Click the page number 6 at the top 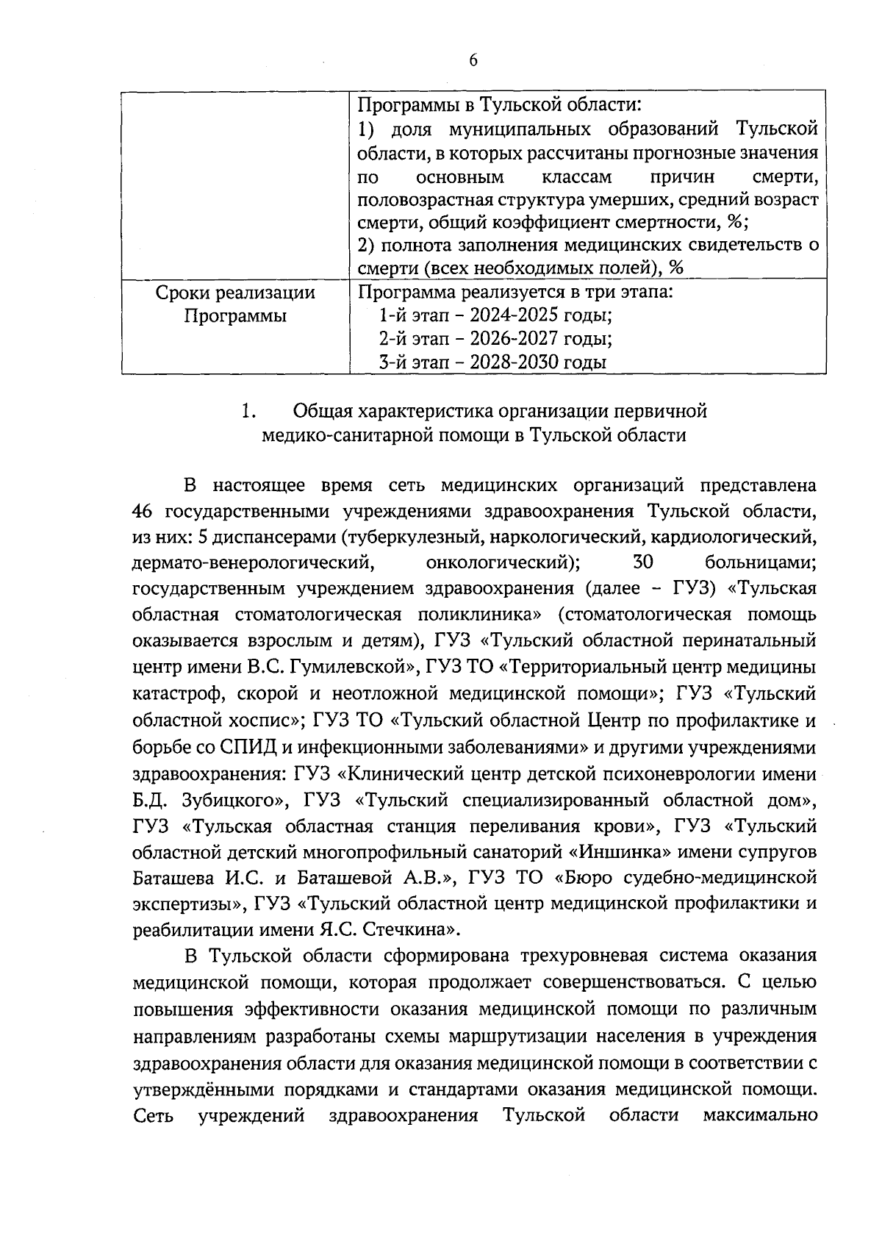[473, 60]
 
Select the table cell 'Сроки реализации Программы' [235, 305]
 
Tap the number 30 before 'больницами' [643, 563]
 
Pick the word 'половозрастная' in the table [426, 200]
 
